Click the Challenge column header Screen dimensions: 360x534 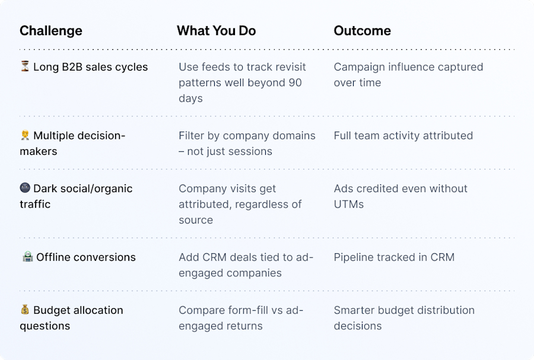[x=51, y=31]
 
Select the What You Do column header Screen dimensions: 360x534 [x=216, y=31]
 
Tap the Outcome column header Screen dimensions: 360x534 [x=362, y=31]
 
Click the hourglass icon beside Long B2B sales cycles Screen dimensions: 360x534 [x=25, y=66]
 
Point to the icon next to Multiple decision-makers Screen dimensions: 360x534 [x=25, y=135]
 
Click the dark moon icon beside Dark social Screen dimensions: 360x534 [x=25, y=188]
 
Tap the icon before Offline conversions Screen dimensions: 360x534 [x=27, y=257]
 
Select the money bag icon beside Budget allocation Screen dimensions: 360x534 [x=25, y=310]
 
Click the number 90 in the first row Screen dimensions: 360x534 [x=295, y=82]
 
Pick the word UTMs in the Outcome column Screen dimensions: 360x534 [x=348, y=204]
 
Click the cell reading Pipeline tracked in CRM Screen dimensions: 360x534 [x=394, y=257]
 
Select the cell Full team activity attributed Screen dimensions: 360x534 [x=403, y=135]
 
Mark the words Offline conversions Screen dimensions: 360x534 [x=85, y=257]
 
